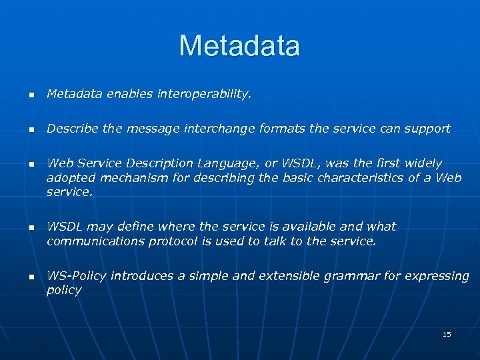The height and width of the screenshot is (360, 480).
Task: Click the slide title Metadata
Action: point(239,46)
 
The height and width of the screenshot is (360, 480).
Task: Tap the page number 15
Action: point(447,334)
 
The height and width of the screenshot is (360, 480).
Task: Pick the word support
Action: point(428,129)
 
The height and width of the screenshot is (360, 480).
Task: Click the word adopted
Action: point(67,177)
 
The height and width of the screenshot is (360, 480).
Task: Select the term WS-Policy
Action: point(77,276)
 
